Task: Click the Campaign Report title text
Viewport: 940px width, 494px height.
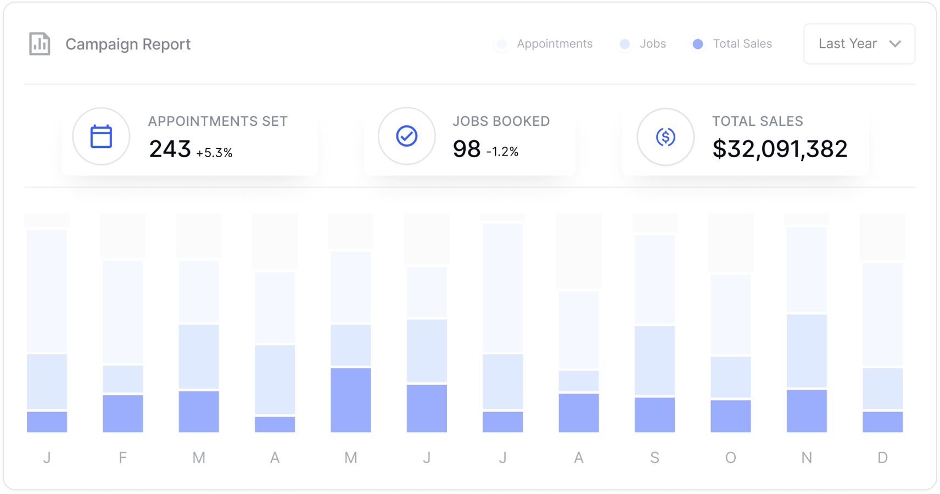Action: [128, 44]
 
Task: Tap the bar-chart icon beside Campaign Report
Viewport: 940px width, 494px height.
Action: [40, 44]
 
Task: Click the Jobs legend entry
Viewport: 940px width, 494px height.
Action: [643, 44]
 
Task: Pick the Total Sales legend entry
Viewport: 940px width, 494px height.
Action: [732, 44]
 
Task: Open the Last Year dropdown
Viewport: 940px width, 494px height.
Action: [859, 44]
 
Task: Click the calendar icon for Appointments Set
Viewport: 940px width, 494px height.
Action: [101, 136]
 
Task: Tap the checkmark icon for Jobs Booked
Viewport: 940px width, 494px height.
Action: [407, 136]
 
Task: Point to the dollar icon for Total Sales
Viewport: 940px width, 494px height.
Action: [665, 137]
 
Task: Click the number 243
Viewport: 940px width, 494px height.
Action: [170, 149]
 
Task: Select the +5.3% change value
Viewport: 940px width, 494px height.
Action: [214, 153]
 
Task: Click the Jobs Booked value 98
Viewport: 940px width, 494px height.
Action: [467, 149]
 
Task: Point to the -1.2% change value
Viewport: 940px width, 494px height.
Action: [502, 152]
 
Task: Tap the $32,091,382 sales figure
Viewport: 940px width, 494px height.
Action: [780, 149]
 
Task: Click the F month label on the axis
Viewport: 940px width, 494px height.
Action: [122, 457]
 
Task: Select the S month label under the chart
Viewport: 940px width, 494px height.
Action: [654, 457]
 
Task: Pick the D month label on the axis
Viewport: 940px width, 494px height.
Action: [882, 457]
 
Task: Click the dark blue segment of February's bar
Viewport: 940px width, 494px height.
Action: [123, 413]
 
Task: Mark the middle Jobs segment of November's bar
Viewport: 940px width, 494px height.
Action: [807, 351]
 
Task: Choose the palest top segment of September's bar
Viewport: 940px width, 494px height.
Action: [654, 279]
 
